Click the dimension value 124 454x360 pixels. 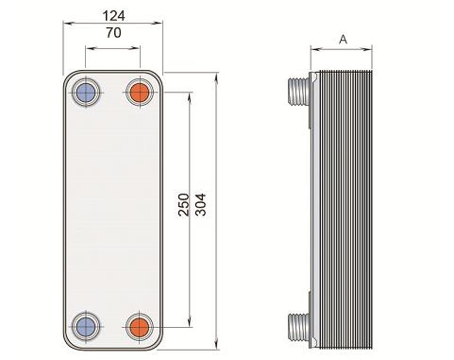113,16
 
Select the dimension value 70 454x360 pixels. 113,33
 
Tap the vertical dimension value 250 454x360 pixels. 184,205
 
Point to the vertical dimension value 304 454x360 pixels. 201,205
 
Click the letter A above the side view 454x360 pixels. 343,40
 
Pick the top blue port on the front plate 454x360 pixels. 86,93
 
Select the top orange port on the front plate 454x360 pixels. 140,93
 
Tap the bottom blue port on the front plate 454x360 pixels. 86,327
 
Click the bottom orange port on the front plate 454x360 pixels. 140,327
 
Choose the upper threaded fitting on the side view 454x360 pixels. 298,91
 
